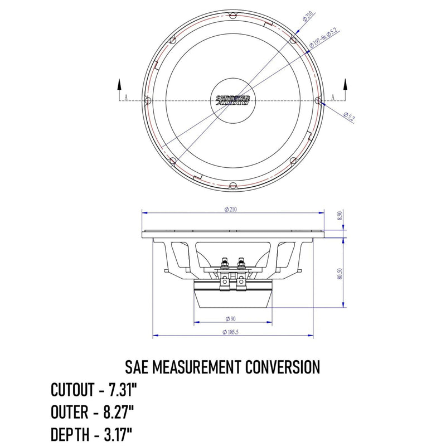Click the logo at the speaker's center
[x=232, y=100]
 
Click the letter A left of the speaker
[x=126, y=97]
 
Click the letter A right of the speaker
[x=333, y=97]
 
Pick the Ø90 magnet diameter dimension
[x=232, y=319]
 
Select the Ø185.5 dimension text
[x=232, y=332]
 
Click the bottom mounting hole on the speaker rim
[x=232, y=186]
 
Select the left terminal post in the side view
[x=224, y=262]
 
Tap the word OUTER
[x=69, y=412]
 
